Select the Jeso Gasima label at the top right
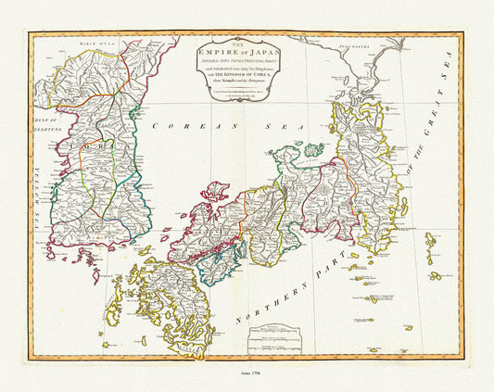coord(350,44)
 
